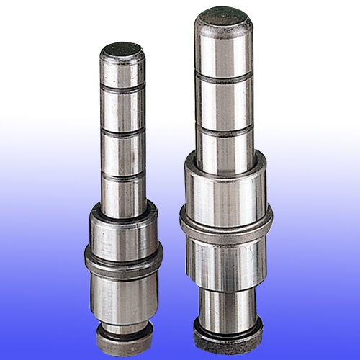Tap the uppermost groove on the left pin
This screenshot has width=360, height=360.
tap(122, 86)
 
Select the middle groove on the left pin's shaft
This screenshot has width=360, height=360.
tap(122, 132)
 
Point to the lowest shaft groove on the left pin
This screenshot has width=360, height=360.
tap(123, 175)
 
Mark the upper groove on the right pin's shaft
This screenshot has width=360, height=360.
tap(223, 76)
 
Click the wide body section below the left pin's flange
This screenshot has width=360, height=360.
tap(123, 292)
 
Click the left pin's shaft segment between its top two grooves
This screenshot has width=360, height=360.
tap(122, 109)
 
